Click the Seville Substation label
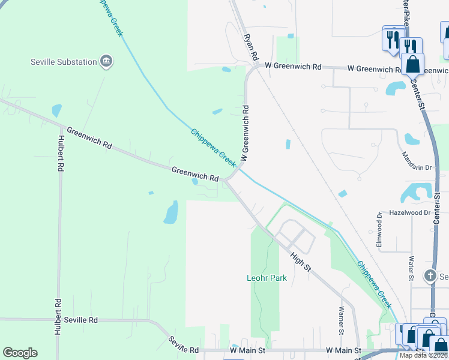click(64, 62)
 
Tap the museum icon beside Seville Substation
click(106, 61)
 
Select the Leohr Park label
click(267, 278)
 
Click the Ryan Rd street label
click(250, 46)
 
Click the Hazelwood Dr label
click(410, 213)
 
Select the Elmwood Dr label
click(379, 230)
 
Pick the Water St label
click(411, 268)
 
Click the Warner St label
click(341, 320)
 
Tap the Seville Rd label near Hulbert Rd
click(81, 320)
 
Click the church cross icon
click(429, 276)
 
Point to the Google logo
click(20, 353)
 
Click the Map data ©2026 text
click(423, 355)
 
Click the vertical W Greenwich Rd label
click(245, 133)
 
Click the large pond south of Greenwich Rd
click(171, 212)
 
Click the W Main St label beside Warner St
click(343, 350)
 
